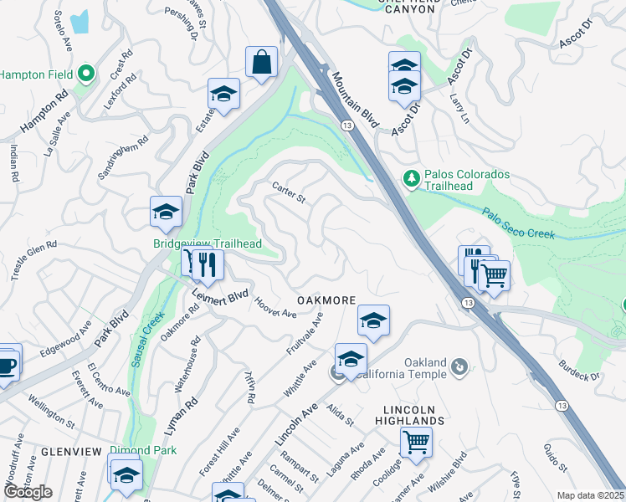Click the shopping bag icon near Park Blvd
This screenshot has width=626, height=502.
pos(261,62)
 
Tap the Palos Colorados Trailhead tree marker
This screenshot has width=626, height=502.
pos(411,178)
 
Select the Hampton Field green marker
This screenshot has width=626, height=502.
pos(85,74)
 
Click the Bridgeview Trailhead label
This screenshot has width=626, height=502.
pos(208,243)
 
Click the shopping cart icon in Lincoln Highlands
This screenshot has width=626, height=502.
pos(415,441)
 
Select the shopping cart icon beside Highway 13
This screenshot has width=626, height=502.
pos(495,274)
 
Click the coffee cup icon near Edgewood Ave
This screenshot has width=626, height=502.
pos(6,363)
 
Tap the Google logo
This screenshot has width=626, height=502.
pos(28,491)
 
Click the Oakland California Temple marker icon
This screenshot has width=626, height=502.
pos(459,366)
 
